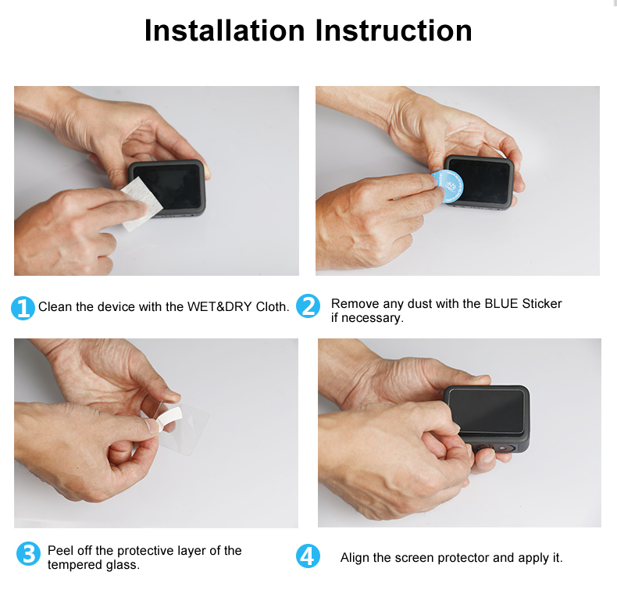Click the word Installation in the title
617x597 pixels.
225,30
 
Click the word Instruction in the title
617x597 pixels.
394,30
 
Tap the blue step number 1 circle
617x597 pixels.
23,308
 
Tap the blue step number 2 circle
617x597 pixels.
308,306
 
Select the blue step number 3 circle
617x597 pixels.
28,553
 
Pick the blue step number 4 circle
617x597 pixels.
308,556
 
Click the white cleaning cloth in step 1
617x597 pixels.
141,204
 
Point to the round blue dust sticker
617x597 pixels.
448,186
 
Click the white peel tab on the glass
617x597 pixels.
169,418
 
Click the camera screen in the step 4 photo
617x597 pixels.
487,411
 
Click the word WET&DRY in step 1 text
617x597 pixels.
219,307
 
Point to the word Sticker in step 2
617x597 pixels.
542,304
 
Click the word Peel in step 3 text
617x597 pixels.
61,551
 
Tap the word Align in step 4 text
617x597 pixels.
355,558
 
